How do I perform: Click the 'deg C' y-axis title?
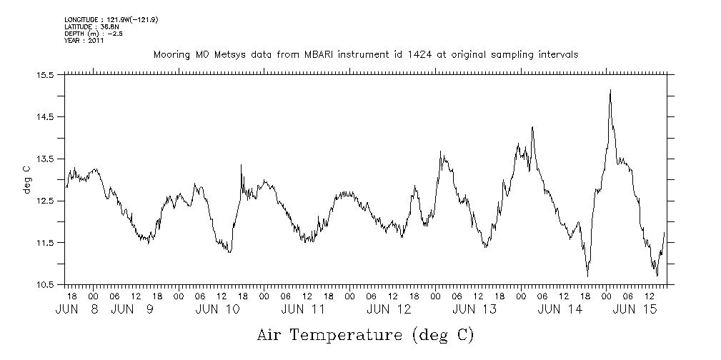[26, 179]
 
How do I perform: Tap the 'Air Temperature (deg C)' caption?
[365, 334]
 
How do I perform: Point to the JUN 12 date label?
[389, 309]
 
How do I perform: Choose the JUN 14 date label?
[560, 309]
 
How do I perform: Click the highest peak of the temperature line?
[610, 91]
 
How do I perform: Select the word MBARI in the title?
[338, 54]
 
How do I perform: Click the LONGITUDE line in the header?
[111, 19]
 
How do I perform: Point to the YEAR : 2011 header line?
[84, 40]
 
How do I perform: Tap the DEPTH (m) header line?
[94, 33]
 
